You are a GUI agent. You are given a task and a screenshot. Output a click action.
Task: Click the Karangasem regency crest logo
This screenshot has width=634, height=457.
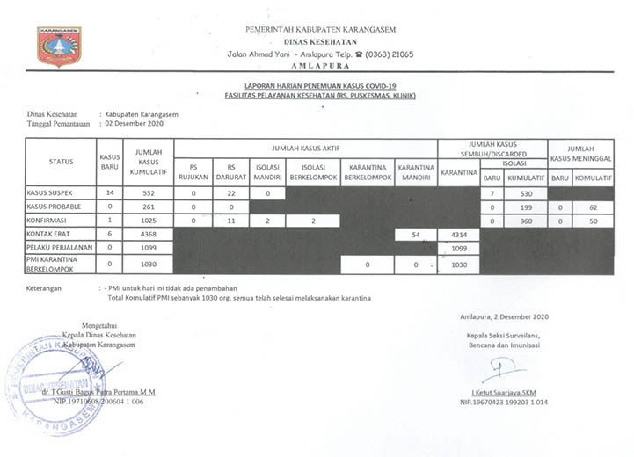(59, 46)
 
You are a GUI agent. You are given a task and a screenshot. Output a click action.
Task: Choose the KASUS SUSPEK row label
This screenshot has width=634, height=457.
(49, 192)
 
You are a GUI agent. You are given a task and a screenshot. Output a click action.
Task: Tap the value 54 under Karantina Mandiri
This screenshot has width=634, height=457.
(417, 235)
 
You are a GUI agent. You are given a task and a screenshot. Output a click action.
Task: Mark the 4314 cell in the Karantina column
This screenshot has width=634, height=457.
(458, 235)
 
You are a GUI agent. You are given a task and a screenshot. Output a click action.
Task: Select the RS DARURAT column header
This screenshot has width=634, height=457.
(230, 170)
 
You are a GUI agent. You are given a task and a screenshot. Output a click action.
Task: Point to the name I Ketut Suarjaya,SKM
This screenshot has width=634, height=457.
(504, 392)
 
